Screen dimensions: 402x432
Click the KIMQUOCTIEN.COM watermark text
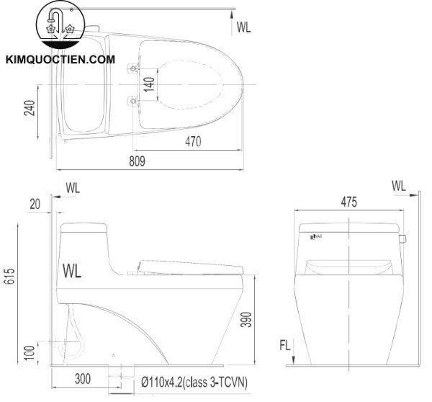pyautogui.click(x=60, y=61)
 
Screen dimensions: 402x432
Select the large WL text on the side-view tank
pyautogui.click(x=73, y=272)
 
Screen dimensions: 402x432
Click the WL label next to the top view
pyautogui.click(x=244, y=27)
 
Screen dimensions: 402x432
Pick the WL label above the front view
pyautogui.click(x=398, y=186)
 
